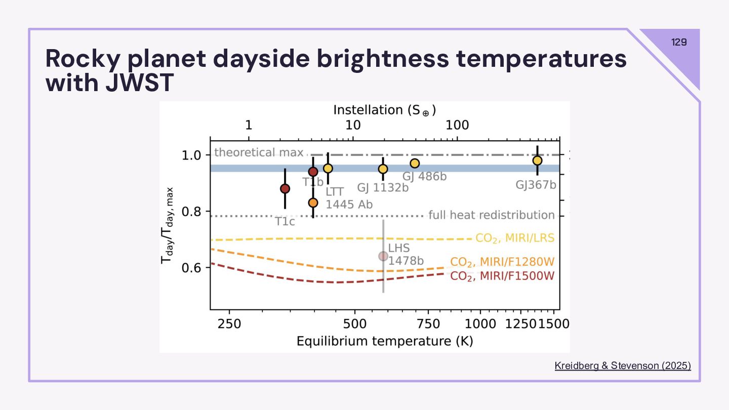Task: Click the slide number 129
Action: [x=679, y=42]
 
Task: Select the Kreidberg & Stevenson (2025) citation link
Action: [x=623, y=365]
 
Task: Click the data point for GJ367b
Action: [x=537, y=160]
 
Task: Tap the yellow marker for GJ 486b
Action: [x=415, y=163]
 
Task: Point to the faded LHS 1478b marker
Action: [x=383, y=256]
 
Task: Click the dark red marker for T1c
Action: [x=285, y=189]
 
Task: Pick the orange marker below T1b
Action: [x=313, y=202]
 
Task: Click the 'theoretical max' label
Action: [x=259, y=152]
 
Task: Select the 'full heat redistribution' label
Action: [x=492, y=215]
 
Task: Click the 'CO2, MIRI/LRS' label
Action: [x=515, y=238]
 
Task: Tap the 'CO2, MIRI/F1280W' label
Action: [x=502, y=262]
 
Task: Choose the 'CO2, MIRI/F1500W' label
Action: [x=502, y=276]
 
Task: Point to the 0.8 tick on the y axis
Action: [x=191, y=212]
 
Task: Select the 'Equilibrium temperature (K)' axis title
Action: [x=385, y=341]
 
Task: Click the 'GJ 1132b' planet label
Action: [x=383, y=188]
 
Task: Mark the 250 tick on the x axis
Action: [x=229, y=322]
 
